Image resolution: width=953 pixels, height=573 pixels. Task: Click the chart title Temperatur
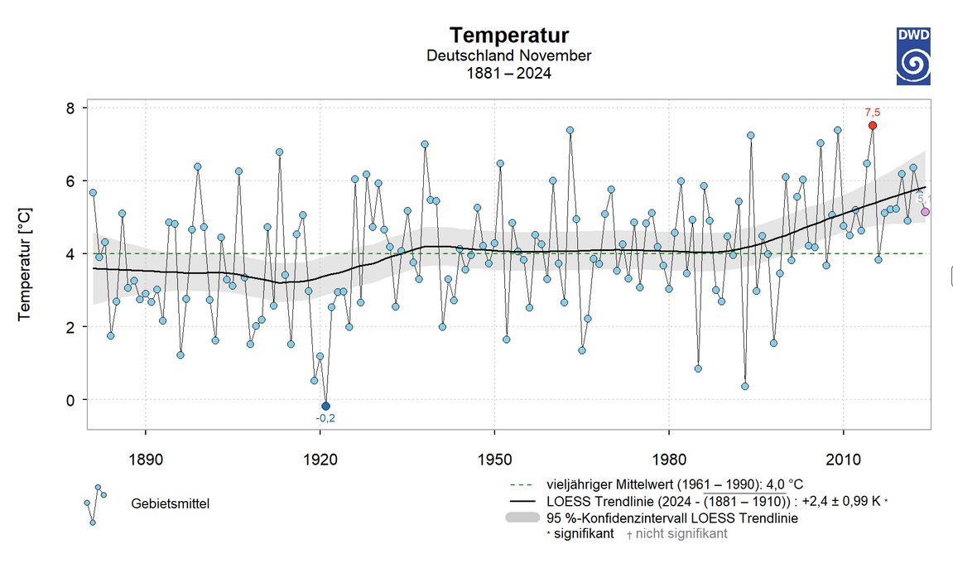click(509, 36)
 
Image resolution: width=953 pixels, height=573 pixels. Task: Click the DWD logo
click(912, 55)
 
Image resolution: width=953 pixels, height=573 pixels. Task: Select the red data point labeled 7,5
click(872, 125)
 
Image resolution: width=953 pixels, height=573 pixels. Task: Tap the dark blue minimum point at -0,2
click(325, 406)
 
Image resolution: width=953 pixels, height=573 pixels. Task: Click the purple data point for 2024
click(925, 212)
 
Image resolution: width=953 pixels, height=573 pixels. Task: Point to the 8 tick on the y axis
click(70, 108)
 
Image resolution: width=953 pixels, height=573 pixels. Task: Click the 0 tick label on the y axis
click(70, 400)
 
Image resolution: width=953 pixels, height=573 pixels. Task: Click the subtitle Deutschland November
click(509, 55)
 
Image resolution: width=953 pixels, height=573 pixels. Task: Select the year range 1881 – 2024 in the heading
click(509, 73)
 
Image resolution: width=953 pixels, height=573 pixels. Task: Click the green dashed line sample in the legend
click(522, 484)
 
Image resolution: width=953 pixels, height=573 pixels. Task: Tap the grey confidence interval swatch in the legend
click(522, 518)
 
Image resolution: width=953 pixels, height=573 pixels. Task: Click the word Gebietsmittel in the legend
click(170, 503)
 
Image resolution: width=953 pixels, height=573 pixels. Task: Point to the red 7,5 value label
click(872, 112)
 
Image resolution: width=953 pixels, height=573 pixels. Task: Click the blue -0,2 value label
click(325, 419)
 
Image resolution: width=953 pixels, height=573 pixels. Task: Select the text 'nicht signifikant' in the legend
click(681, 534)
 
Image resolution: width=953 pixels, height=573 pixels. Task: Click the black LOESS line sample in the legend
click(522, 501)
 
